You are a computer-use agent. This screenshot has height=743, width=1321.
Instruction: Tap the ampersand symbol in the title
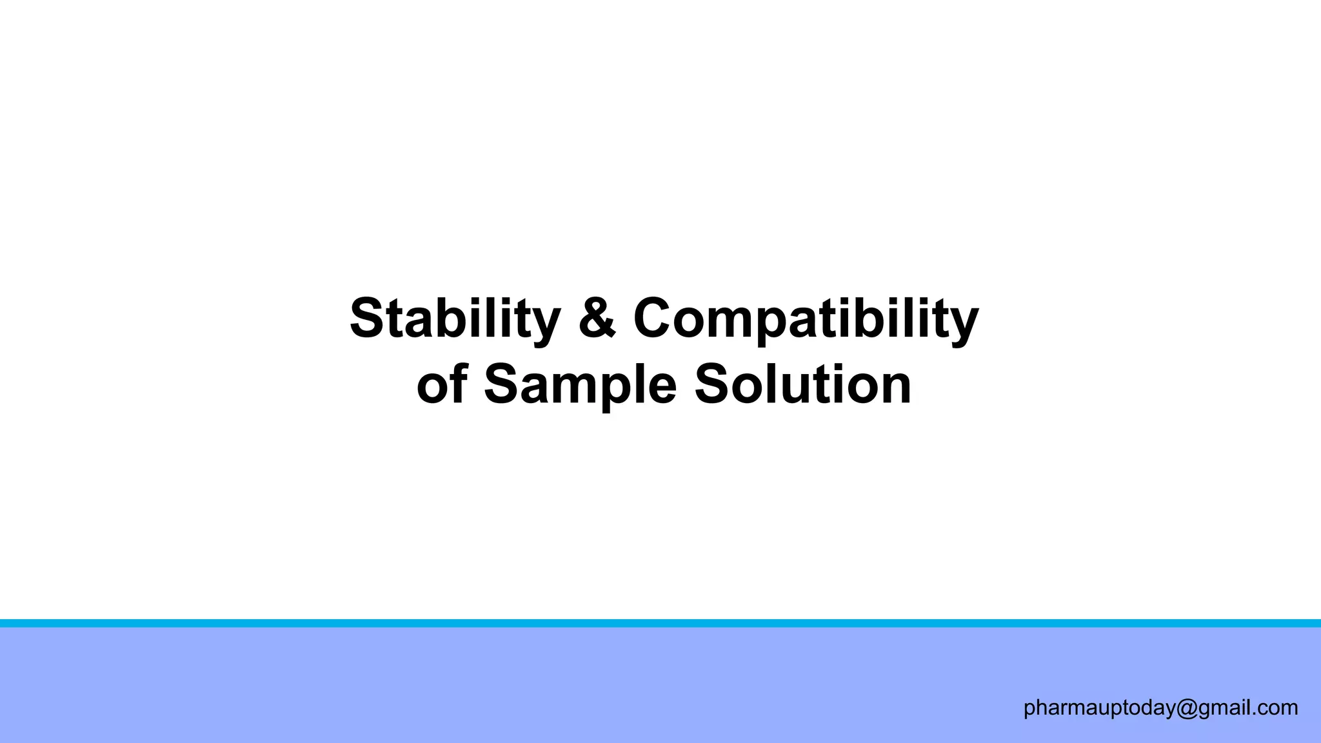(597, 317)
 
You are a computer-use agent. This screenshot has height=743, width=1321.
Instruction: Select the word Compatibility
(806, 319)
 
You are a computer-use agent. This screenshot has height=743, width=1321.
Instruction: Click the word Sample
(580, 386)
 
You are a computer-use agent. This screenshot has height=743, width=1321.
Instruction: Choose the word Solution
(802, 384)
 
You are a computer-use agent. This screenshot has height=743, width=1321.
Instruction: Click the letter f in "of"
(457, 383)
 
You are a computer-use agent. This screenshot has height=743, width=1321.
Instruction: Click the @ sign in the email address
(1187, 708)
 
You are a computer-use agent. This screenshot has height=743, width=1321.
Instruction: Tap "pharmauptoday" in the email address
(1099, 708)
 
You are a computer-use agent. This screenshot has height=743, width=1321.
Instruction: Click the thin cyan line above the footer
(660, 623)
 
